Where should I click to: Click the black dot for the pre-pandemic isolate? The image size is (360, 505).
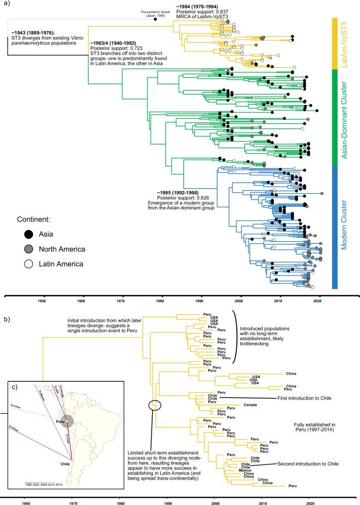pos(155,19)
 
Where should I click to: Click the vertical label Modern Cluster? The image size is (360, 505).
pos(346,227)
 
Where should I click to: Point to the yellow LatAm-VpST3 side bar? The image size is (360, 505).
pos(335,43)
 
